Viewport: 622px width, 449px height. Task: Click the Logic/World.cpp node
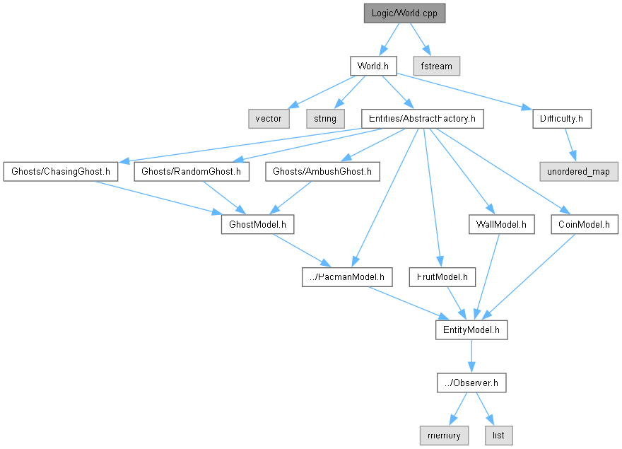[x=405, y=13]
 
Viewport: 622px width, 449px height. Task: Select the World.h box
[x=372, y=66]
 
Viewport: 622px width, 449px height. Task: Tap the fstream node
[x=437, y=66]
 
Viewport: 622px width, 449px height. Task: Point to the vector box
[x=268, y=118]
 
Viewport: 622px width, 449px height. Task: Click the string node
[x=325, y=118]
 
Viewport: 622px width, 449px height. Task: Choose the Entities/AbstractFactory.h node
[x=422, y=118]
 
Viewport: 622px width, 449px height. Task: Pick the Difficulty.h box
[x=561, y=118]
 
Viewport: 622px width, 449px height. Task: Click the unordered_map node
[x=579, y=171]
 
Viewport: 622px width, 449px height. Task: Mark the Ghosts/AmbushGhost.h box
[x=322, y=171]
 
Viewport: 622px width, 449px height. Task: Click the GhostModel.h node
[x=257, y=224]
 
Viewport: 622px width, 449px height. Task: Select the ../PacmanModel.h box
[x=347, y=277]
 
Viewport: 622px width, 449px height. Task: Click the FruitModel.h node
[x=442, y=277]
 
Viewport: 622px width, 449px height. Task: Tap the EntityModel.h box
[x=471, y=330]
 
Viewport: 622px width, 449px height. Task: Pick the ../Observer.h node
[x=471, y=383]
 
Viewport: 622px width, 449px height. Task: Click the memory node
[x=443, y=435]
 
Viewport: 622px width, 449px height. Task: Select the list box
[x=498, y=435]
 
